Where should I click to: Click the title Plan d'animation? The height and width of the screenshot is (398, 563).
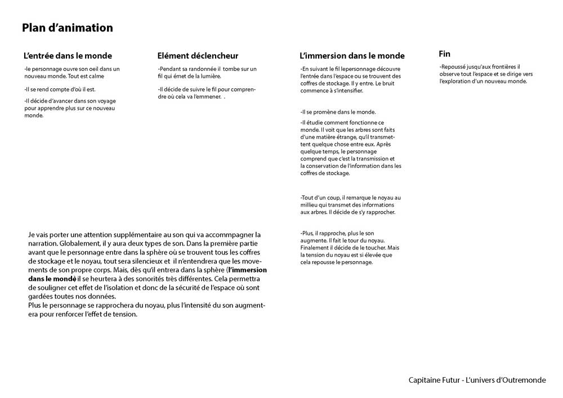pos(68,28)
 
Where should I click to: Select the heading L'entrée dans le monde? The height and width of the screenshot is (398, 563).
pos(68,56)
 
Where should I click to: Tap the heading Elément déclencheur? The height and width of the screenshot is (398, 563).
pos(198,56)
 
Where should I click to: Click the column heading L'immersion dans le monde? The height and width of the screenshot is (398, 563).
pos(352,56)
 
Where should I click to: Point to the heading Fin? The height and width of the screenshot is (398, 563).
pos(444,54)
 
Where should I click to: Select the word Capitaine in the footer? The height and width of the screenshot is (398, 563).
pos(426,380)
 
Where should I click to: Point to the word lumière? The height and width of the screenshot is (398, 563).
pos(210,76)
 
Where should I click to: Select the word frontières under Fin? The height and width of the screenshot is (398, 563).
pos(503,66)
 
